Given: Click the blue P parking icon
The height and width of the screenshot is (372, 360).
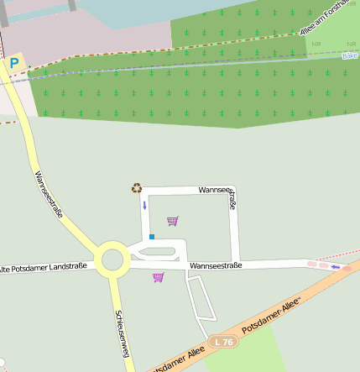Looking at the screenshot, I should (x=14, y=63).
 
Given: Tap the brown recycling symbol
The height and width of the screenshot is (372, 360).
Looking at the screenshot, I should (x=137, y=188).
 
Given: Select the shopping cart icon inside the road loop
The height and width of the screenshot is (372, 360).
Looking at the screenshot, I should (x=173, y=221).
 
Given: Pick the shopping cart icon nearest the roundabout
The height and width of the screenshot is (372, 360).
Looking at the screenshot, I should (x=158, y=277).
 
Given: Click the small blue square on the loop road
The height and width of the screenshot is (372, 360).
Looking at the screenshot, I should (x=152, y=237).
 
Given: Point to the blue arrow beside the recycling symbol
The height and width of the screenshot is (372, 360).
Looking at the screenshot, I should (x=144, y=205).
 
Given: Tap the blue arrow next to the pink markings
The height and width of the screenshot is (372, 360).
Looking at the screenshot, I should (x=336, y=268).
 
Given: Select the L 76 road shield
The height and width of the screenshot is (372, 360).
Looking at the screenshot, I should (x=222, y=342).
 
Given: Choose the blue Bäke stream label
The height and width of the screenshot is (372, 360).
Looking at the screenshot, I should (x=350, y=55).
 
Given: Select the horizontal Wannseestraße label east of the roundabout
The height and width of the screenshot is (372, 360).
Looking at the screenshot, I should (x=216, y=265).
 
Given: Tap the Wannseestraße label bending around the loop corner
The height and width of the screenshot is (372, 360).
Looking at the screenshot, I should (x=220, y=192).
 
